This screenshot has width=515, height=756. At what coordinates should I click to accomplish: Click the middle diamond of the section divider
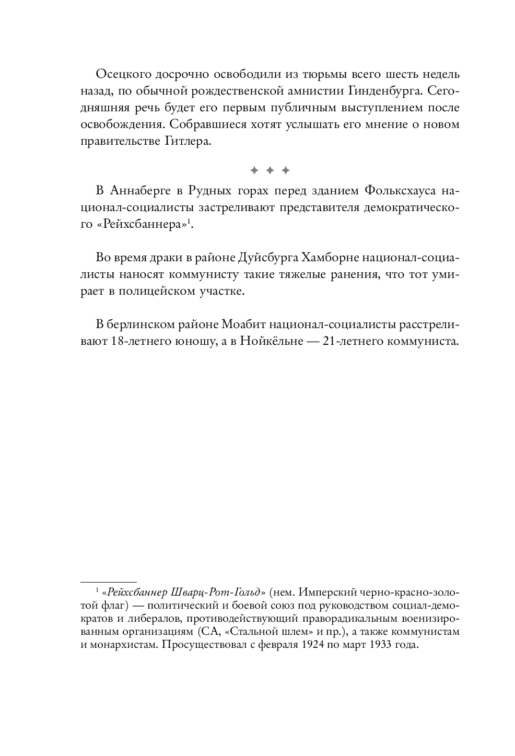coord(270,170)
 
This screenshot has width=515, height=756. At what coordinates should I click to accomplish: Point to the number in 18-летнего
coord(116,342)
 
